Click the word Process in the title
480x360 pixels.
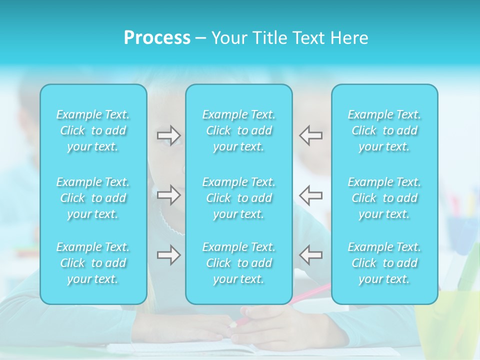(157, 38)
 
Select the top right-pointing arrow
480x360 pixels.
(168, 135)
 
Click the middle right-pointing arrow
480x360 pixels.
(168, 194)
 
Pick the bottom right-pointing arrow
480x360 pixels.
(168, 255)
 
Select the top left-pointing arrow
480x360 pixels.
(311, 135)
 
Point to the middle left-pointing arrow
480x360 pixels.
(311, 194)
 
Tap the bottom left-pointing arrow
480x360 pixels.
(311, 255)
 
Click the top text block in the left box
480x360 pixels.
(93, 130)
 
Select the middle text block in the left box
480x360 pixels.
(93, 198)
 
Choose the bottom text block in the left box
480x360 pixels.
(93, 263)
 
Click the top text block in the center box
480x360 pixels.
(238, 130)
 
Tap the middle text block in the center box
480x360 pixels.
(238, 198)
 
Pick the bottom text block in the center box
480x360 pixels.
(238, 263)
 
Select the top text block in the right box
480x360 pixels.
(384, 130)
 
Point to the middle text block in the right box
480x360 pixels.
(384, 198)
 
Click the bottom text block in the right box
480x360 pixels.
(384, 263)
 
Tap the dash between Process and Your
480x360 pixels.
(201, 38)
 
